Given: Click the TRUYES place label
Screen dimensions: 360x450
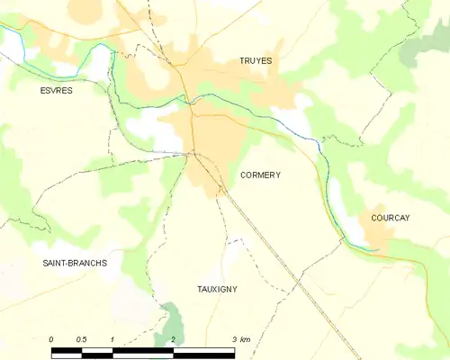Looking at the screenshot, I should pos(256,61).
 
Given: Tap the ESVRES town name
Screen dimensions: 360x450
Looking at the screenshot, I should pos(56,91).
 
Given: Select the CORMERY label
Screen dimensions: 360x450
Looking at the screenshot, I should pos(260,175).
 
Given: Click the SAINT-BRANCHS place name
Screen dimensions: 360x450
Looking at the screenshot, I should pos(75,263).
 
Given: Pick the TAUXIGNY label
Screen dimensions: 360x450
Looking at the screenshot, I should pos(217,289).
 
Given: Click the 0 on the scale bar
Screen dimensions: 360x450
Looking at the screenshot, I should pos(51,339).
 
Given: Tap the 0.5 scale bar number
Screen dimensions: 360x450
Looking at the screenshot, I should pos(82,339).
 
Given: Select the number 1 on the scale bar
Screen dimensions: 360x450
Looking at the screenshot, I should pos(112,339).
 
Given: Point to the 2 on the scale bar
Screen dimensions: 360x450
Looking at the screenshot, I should pos(172,339).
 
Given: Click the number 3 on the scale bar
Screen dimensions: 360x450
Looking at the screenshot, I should pos(233,339).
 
